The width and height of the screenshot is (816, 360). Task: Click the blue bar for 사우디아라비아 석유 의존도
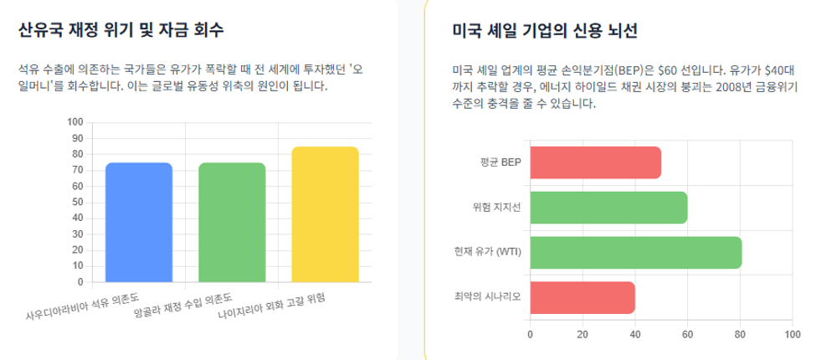(x=139, y=222)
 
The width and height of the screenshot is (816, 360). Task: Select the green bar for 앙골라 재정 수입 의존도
(x=232, y=222)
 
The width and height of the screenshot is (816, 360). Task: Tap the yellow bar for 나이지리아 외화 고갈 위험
(x=326, y=214)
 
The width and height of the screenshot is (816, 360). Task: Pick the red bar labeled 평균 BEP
(x=595, y=162)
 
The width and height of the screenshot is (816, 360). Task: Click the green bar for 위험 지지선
(x=609, y=208)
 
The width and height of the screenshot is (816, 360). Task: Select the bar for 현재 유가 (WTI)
(x=636, y=253)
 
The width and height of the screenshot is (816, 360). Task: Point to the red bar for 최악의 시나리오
(x=582, y=297)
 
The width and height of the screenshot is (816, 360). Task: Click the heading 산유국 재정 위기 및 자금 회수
(x=121, y=30)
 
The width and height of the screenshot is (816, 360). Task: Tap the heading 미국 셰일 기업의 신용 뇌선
(x=545, y=31)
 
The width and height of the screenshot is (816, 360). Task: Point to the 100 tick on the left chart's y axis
(x=75, y=122)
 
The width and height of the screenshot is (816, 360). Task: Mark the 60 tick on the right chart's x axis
(x=687, y=333)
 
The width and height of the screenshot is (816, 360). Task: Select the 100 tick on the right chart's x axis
(x=792, y=333)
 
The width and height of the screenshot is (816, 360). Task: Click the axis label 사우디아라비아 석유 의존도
(x=83, y=306)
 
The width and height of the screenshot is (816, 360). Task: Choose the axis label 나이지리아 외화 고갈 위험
(x=271, y=307)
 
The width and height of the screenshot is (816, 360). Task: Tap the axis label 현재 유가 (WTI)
(x=488, y=252)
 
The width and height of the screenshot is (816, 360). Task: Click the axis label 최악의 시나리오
(x=488, y=297)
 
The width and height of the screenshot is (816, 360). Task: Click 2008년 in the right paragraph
(x=736, y=87)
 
